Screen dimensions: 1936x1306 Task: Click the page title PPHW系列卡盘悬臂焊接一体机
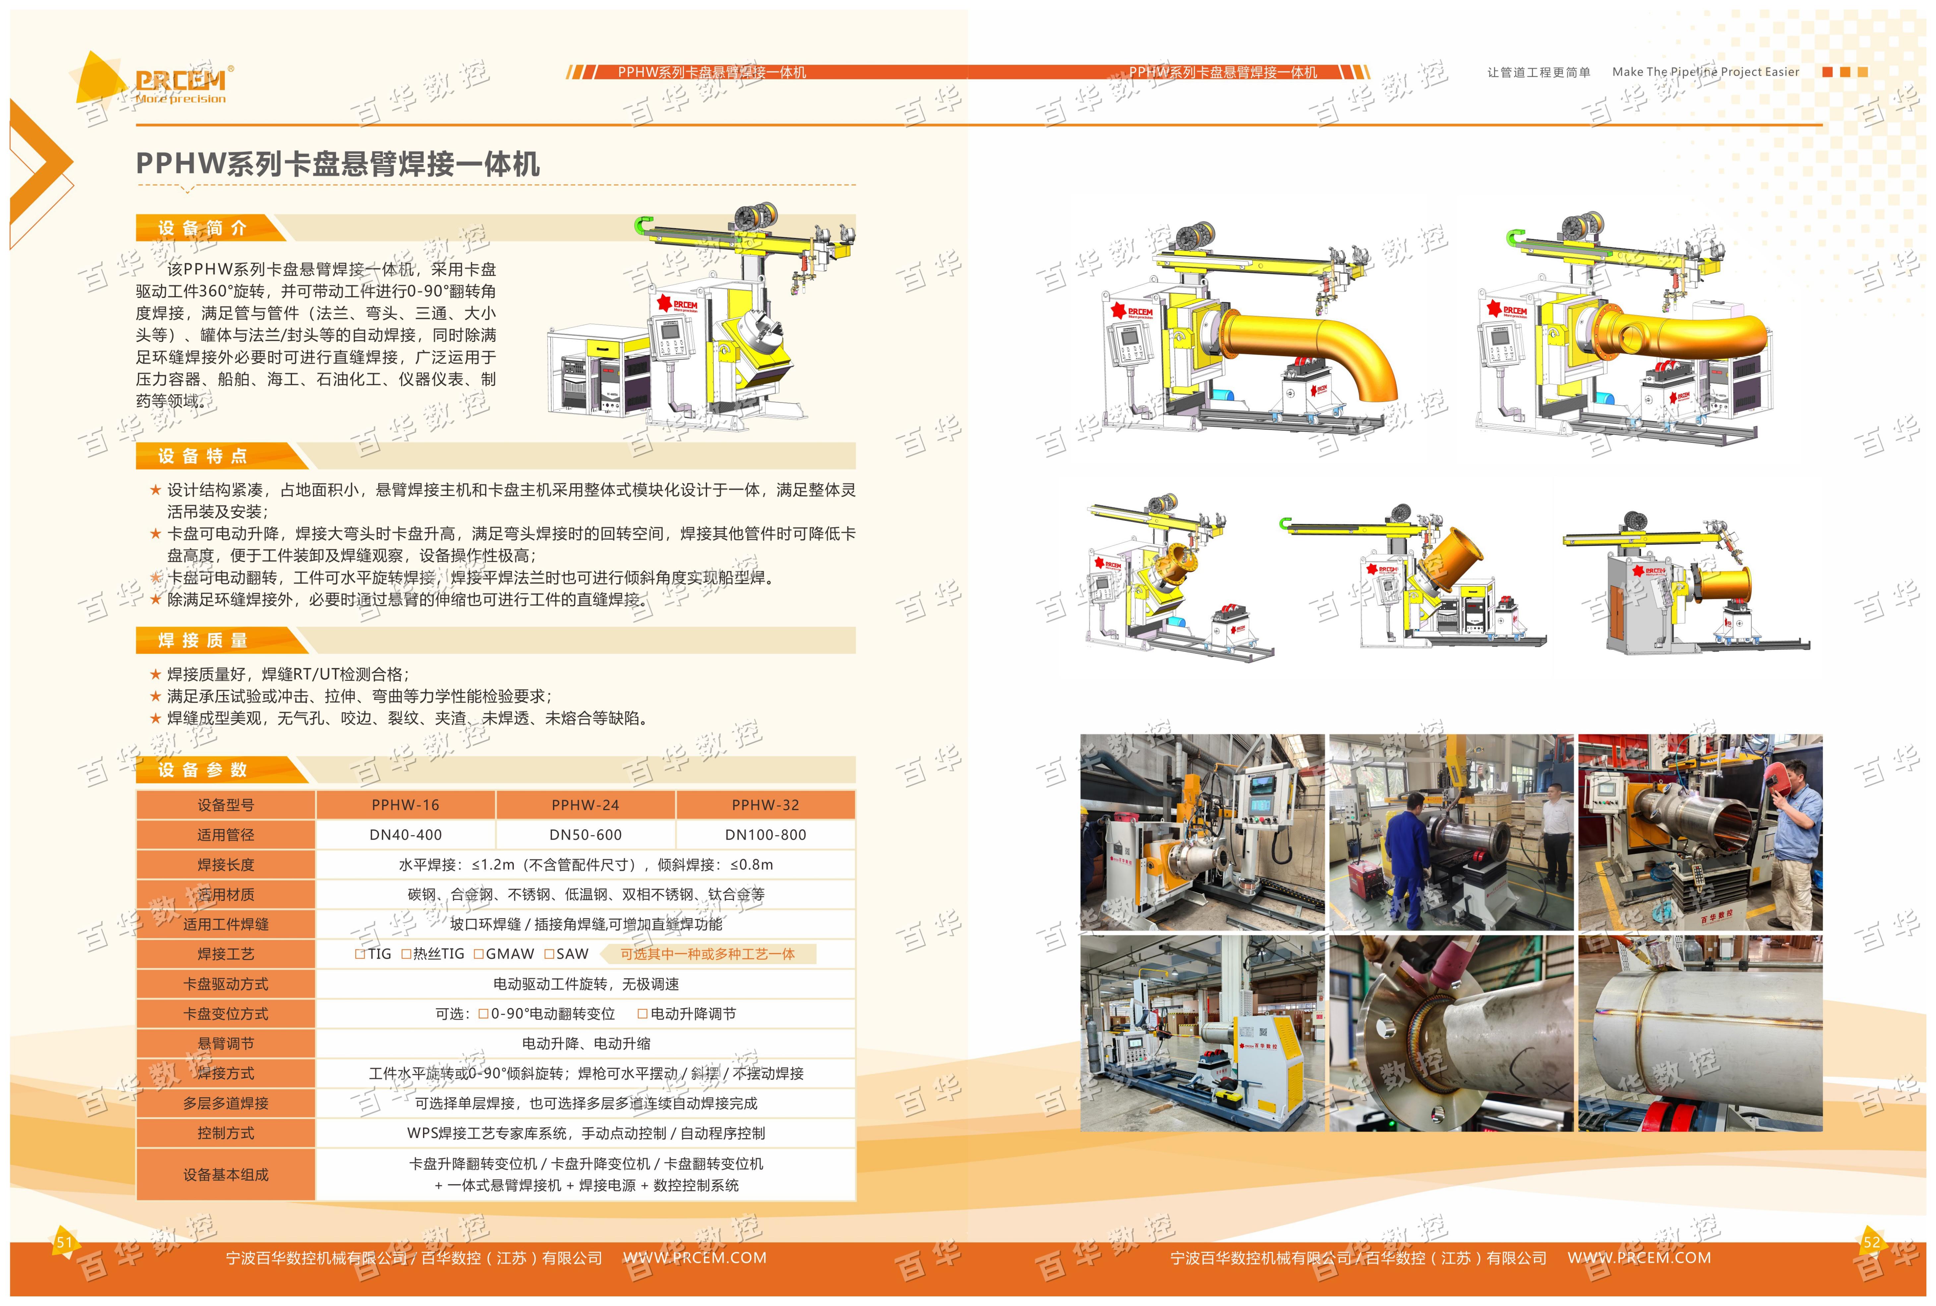pos(337,163)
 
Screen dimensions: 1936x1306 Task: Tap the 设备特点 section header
pos(203,455)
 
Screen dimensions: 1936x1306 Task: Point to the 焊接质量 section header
pos(203,640)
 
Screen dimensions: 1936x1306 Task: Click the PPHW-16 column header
pos(406,804)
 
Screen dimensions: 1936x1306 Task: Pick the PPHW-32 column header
pos(765,804)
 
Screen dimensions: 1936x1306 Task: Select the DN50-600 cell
pos(586,835)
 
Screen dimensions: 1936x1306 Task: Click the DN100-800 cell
pos(765,835)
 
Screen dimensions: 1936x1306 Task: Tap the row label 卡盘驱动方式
pos(226,984)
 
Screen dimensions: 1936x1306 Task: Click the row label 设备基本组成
pos(226,1174)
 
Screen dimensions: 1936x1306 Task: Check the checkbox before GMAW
pos(479,954)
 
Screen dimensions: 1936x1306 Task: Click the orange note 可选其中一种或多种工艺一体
pos(707,954)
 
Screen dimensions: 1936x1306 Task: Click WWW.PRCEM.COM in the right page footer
pos(1639,1258)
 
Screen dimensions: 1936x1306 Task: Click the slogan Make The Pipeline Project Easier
pos(1705,72)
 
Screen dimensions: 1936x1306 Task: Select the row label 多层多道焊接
pos(226,1103)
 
